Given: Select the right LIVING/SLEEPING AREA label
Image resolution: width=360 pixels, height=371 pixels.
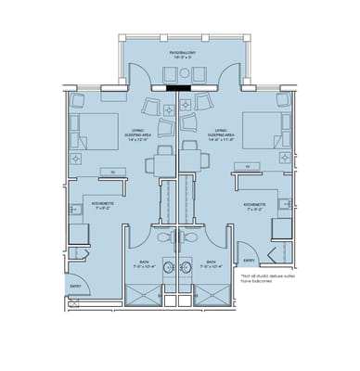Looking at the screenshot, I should tap(223, 135).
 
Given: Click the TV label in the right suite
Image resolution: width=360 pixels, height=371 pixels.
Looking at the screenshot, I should tap(249, 169).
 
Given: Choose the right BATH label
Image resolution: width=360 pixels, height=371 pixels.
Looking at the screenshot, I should tap(210, 264).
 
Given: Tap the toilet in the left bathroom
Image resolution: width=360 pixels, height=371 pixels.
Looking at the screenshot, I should tap(165, 238).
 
